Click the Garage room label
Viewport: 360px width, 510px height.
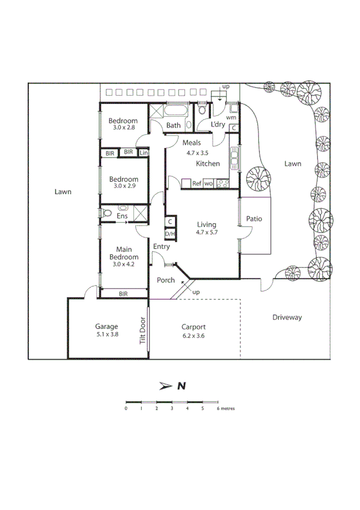106,327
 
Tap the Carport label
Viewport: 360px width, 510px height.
194,327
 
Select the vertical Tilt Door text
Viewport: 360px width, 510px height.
142,331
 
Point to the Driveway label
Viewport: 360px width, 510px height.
287,317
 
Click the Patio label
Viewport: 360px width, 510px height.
254,219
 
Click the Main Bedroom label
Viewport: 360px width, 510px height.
124,253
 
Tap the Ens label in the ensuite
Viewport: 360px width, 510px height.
122,215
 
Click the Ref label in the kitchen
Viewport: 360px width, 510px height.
197,183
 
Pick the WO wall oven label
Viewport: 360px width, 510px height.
209,183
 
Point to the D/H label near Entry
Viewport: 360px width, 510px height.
170,234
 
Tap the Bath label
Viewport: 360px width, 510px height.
173,126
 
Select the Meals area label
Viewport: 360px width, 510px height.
192,143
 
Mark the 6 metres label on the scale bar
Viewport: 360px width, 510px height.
225,408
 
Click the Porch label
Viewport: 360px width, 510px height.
166,280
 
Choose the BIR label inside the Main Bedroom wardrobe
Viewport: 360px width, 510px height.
123,293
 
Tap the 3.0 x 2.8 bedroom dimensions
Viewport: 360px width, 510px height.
124,127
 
